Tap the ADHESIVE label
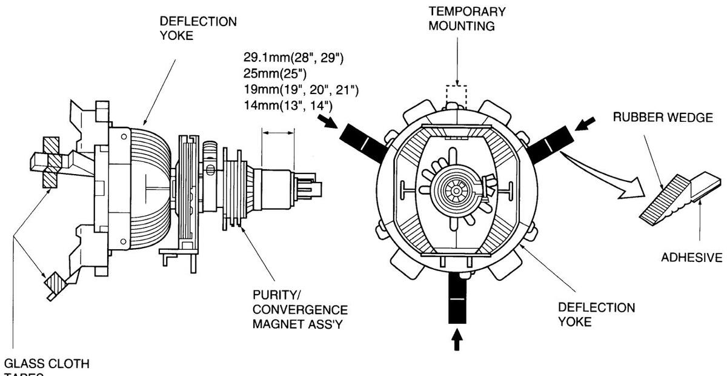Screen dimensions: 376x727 tap(691, 257)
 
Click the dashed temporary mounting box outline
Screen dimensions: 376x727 tap(457, 95)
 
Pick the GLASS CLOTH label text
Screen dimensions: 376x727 tap(47, 364)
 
